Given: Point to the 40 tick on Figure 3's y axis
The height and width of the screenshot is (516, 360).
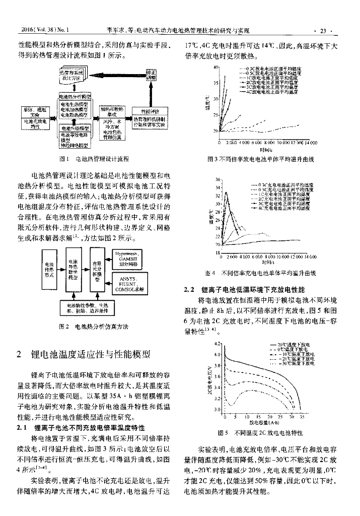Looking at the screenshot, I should pyautogui.click(x=215, y=67).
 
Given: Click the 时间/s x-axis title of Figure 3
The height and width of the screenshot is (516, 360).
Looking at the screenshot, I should pyautogui.click(x=266, y=150).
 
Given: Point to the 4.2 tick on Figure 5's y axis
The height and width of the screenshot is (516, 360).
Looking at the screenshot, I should pyautogui.click(x=218, y=344).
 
